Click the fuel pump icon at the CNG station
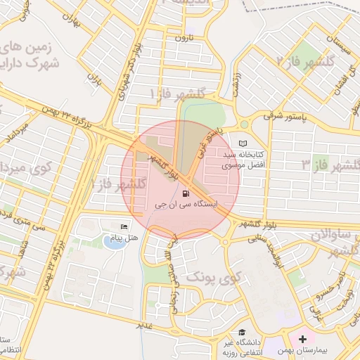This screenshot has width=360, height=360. tap(185, 193)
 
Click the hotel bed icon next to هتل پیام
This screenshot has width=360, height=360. tap(124, 226)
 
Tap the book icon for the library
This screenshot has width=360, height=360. tap(244, 143)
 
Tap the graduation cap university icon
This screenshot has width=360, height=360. tap(242, 332)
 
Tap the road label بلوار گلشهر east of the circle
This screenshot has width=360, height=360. tap(252, 224)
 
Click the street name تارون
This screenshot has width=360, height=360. tap(184, 37)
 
